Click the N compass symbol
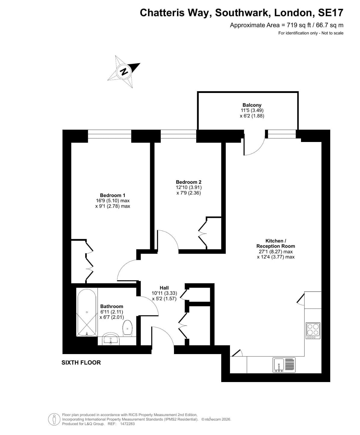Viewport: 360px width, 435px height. pyautogui.click(x=124, y=72)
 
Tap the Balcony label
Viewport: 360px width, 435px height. pyautogui.click(x=252, y=105)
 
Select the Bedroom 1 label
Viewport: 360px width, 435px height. pyautogui.click(x=113, y=195)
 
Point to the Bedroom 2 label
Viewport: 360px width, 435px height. pyautogui.click(x=189, y=182)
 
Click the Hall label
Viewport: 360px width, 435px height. pyautogui.click(x=164, y=288)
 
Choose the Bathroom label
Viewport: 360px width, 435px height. pyautogui.click(x=112, y=306)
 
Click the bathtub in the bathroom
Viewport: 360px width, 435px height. pyautogui.click(x=87, y=312)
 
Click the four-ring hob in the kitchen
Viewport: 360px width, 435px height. pyautogui.click(x=313, y=331)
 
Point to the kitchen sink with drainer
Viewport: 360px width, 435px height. pyautogui.click(x=284, y=365)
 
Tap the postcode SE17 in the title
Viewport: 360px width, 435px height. pyautogui.click(x=331, y=13)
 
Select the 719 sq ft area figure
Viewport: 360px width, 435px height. pyautogui.click(x=299, y=25)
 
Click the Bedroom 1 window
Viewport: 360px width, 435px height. pyautogui.click(x=110, y=134)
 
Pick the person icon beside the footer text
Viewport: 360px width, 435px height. pyautogui.click(x=54, y=419)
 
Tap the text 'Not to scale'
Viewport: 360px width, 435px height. pyautogui.click(x=332, y=33)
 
